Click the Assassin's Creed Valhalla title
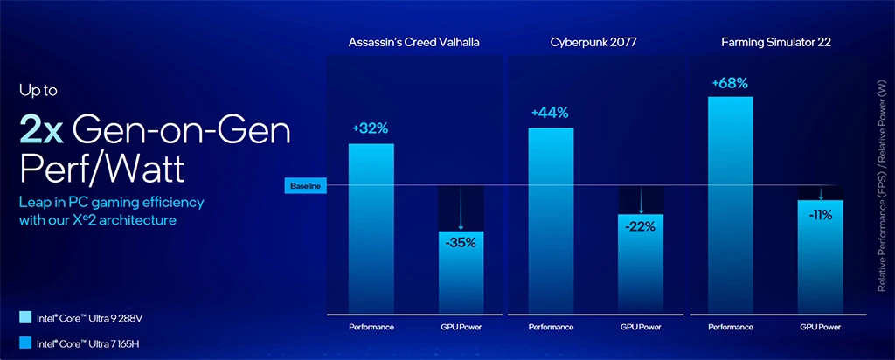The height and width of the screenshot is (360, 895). [x=414, y=42]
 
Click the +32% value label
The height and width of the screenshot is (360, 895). [x=371, y=128]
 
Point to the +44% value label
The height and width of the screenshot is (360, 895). [x=552, y=113]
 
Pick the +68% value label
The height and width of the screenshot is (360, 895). [x=730, y=82]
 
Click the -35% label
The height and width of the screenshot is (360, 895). [x=460, y=243]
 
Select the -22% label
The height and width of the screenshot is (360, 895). [x=640, y=226]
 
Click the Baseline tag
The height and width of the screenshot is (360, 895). [x=306, y=186]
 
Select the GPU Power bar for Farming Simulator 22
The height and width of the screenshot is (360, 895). [x=820, y=258]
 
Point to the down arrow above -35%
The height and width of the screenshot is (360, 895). [x=460, y=210]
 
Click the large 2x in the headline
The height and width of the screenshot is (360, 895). [x=41, y=131]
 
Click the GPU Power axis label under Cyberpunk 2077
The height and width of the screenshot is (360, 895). [x=641, y=328]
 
